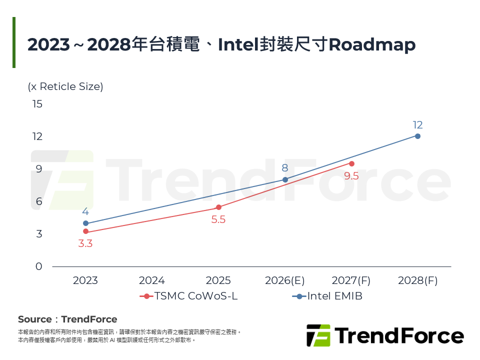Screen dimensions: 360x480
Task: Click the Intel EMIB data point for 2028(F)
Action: click(x=417, y=136)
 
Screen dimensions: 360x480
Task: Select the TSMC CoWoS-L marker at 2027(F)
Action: click(x=351, y=163)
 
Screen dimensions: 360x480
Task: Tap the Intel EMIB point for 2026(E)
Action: click(x=285, y=179)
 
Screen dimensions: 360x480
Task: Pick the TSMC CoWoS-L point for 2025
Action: click(x=218, y=207)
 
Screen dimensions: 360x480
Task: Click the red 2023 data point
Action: click(x=85, y=231)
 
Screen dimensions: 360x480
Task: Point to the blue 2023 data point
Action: click(x=85, y=223)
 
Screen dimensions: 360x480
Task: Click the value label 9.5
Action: click(x=351, y=176)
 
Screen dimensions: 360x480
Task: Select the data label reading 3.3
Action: click(x=85, y=244)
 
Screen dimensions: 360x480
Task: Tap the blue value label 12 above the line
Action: click(x=417, y=125)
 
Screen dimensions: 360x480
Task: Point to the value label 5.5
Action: click(x=218, y=219)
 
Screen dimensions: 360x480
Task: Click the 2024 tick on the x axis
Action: click(x=152, y=280)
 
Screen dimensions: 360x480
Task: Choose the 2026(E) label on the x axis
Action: click(x=285, y=280)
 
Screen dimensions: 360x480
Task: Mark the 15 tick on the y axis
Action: click(x=37, y=104)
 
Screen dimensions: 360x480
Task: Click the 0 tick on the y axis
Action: click(x=39, y=266)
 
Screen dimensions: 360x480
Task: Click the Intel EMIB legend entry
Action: click(x=327, y=296)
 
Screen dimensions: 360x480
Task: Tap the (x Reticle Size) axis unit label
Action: click(x=65, y=86)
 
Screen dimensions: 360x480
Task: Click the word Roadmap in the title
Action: click(x=372, y=44)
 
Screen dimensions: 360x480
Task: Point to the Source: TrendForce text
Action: click(x=67, y=319)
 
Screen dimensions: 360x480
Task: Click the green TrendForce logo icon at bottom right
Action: click(x=318, y=335)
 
